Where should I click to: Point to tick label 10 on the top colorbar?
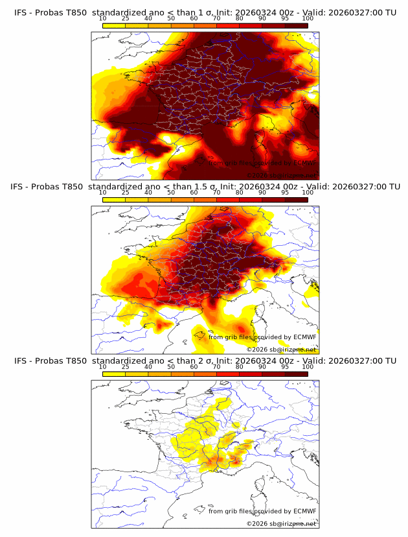pyautogui.click(x=103, y=18)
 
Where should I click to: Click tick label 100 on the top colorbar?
pyautogui.click(x=308, y=18)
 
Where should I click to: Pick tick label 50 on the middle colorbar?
pyautogui.click(x=171, y=193)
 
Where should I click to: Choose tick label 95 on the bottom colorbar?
pyautogui.click(x=285, y=366)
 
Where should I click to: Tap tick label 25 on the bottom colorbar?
pyautogui.click(x=126, y=366)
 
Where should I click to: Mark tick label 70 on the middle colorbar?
pyautogui.click(x=216, y=193)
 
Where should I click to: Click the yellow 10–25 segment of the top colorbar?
pyautogui.click(x=114, y=25)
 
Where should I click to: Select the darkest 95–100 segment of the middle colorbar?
pyautogui.click(x=296, y=200)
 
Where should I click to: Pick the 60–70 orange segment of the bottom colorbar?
pyautogui.click(x=205, y=374)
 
